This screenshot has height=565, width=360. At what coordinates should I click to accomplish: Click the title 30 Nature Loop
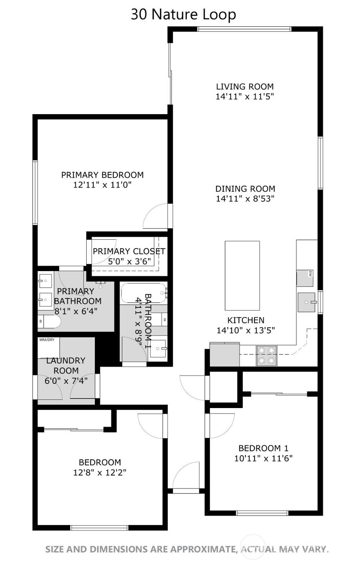coord(183,15)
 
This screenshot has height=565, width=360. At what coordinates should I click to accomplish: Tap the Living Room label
coord(245,86)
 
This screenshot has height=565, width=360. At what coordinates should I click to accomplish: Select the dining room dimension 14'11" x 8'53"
coord(245,199)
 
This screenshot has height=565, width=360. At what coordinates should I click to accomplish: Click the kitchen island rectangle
coord(242,275)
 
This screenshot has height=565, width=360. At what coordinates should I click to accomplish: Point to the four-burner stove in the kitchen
coord(266,355)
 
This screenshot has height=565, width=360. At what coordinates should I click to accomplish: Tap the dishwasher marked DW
coord(304,278)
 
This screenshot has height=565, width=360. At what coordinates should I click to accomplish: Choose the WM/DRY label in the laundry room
coord(47,340)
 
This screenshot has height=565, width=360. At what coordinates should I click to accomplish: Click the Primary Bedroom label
coord(102,175)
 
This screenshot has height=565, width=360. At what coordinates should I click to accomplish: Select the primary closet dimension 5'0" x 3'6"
coord(129,261)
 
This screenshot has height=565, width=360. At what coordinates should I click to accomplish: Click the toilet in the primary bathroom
coord(50,322)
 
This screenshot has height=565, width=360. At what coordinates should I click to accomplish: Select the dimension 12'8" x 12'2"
coord(100,473)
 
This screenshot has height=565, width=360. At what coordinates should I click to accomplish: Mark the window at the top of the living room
coord(244,29)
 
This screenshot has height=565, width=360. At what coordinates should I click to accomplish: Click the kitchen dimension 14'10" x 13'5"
coord(245,330)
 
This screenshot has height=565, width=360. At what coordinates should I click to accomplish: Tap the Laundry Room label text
coord(66,365)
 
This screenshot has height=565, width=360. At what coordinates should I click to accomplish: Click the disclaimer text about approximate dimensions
coord(187,549)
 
